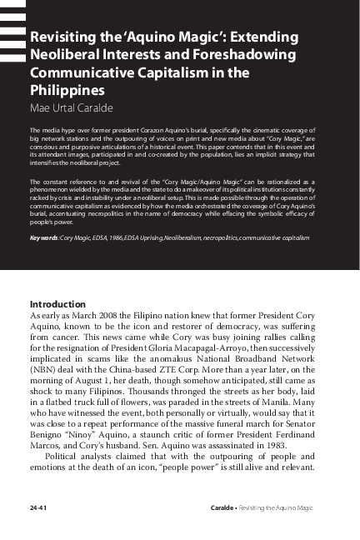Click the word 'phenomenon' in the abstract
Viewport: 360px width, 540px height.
[52, 189]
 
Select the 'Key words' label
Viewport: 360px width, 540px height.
[45, 237]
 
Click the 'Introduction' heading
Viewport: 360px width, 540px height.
[63, 304]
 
